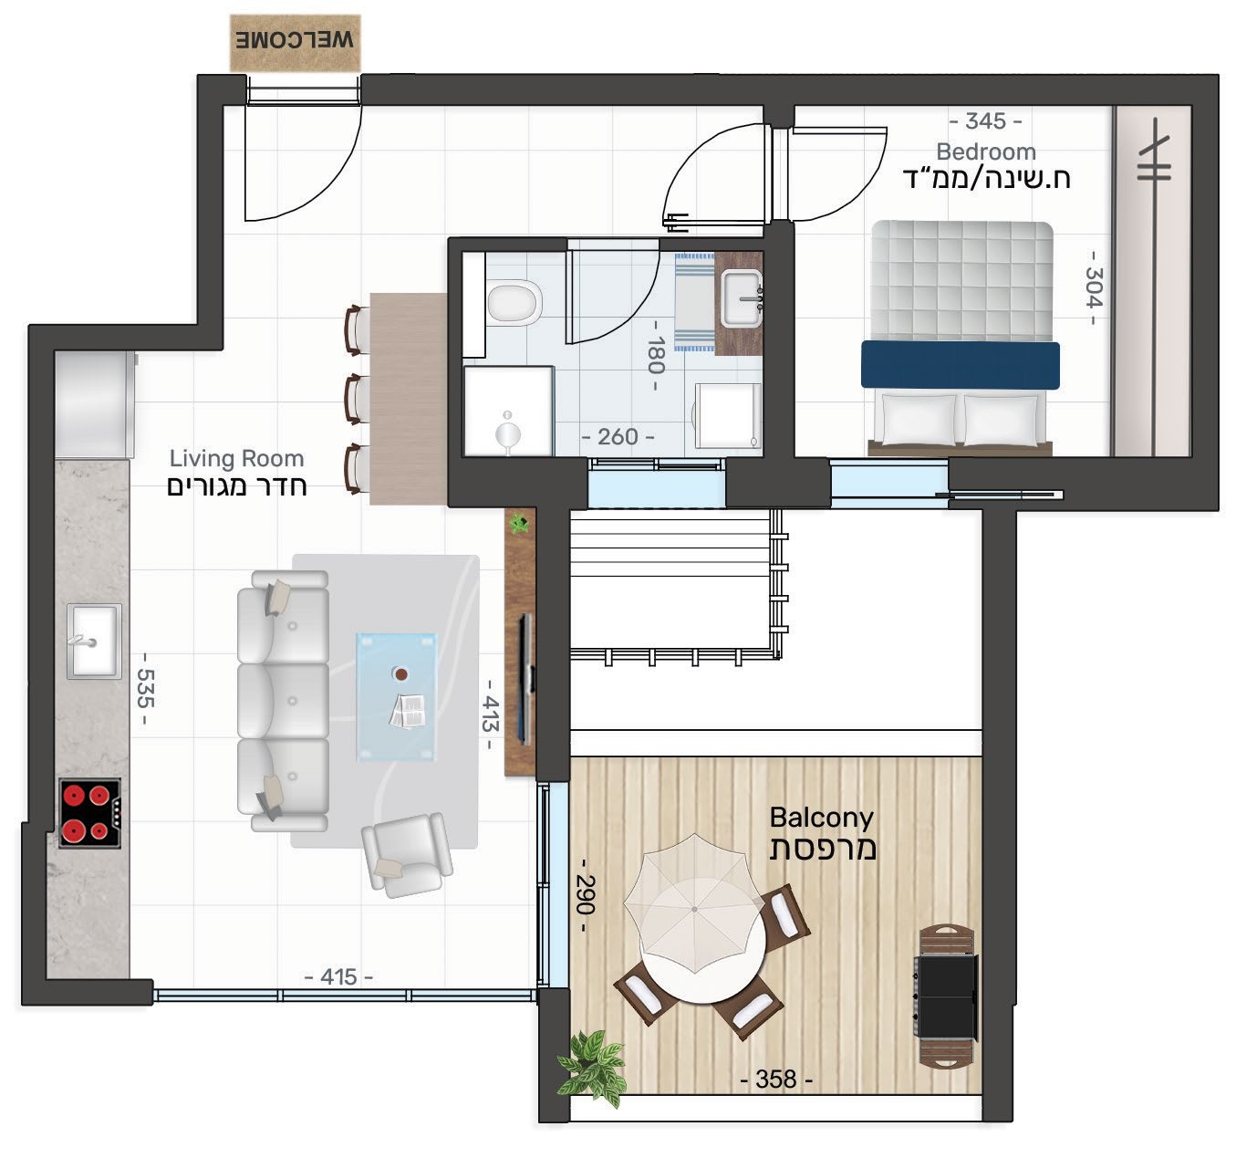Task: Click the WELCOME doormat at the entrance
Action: (x=295, y=42)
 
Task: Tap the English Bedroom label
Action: (x=986, y=151)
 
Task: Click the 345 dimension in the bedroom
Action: (x=985, y=120)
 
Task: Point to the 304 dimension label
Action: (x=1094, y=287)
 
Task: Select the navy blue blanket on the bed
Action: (x=961, y=365)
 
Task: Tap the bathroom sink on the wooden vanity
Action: (x=742, y=297)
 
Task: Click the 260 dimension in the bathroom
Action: (x=618, y=437)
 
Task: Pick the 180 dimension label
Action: (x=656, y=355)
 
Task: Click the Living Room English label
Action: (x=236, y=458)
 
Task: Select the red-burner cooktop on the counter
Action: (x=90, y=813)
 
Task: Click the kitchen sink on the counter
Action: (x=94, y=641)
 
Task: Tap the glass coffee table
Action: (x=397, y=697)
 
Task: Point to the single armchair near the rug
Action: (x=408, y=854)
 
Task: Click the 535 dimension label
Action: (x=145, y=688)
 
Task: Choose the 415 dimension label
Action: (x=338, y=976)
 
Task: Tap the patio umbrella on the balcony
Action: (x=694, y=909)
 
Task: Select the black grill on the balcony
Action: (x=945, y=997)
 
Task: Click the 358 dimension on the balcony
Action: (x=776, y=1079)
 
